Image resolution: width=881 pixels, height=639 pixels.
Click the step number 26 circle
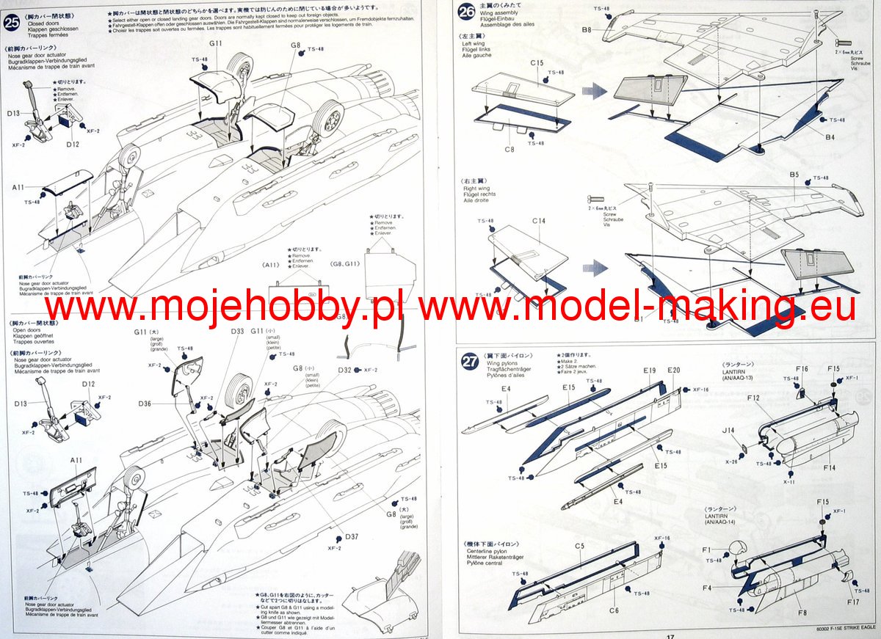coord(466,12)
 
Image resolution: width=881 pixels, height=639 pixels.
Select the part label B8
coord(587,30)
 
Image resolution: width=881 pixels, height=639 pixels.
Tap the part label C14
coord(538,220)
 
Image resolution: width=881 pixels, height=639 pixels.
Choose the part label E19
coord(649,371)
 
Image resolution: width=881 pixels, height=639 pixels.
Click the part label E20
coord(674,370)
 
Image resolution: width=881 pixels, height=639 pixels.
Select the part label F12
coord(753,398)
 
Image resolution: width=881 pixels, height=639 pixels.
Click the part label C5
coord(579,547)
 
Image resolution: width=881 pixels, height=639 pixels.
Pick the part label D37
coord(352,536)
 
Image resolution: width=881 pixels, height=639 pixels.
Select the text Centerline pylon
coord(488,550)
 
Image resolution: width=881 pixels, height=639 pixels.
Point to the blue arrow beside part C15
coord(594,92)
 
